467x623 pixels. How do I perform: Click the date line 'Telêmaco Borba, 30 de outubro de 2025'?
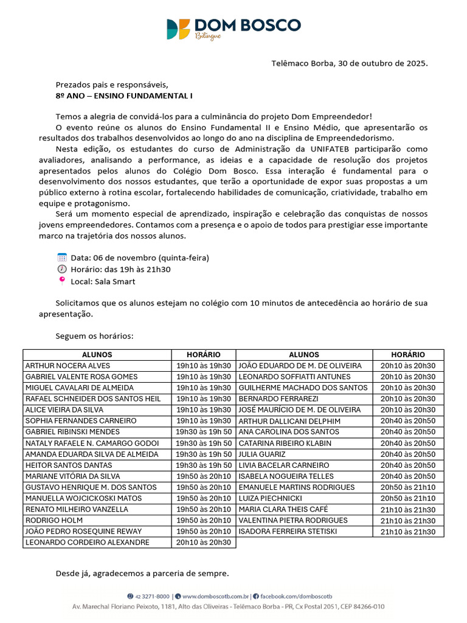(x=349, y=63)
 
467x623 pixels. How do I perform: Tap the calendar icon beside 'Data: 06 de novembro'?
(x=61, y=257)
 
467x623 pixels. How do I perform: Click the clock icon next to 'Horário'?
(x=61, y=269)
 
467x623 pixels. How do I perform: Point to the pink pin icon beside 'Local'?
(x=61, y=281)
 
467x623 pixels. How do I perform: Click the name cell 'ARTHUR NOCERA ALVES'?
(x=67, y=366)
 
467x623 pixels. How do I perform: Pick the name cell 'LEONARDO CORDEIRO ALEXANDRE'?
(x=87, y=542)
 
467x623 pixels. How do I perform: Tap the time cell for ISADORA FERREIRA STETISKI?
(x=407, y=532)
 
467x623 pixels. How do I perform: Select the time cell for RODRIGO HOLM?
(x=203, y=520)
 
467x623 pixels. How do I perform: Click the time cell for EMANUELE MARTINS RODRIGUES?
(x=407, y=487)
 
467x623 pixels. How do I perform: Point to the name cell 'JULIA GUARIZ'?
(x=261, y=454)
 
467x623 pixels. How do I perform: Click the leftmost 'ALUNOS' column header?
(x=97, y=355)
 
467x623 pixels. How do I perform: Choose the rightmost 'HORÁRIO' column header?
(x=407, y=355)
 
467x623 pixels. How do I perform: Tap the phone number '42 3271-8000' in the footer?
(x=152, y=596)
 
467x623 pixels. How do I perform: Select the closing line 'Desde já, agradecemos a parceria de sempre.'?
(x=142, y=573)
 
